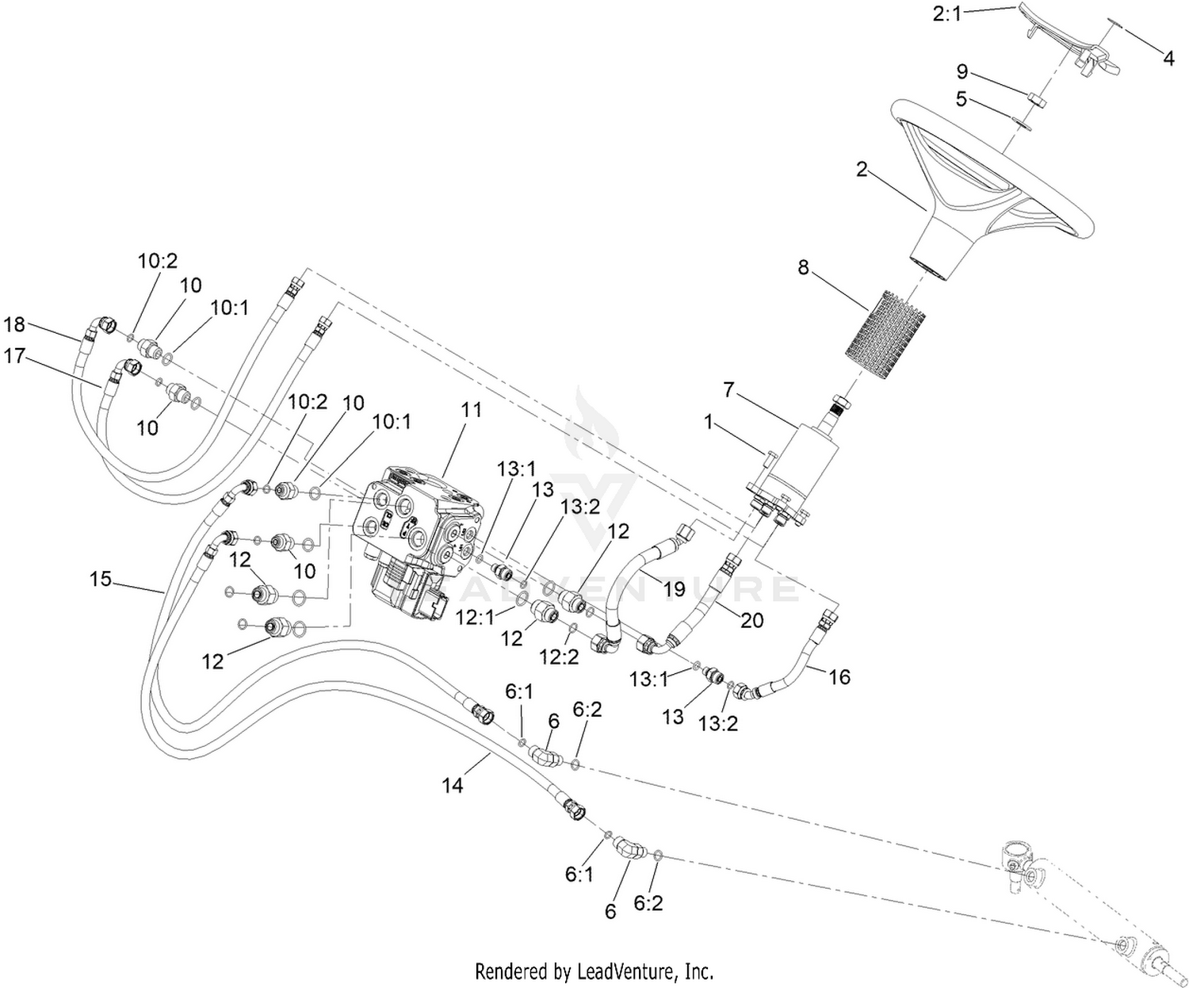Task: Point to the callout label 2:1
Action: coord(946,13)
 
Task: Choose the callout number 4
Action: coord(1168,58)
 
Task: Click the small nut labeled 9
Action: coord(1036,102)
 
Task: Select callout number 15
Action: coord(100,580)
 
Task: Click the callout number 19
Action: coord(675,588)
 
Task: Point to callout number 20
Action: coord(751,620)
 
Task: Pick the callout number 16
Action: coord(839,677)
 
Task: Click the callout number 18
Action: coord(14,324)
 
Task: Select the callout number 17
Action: coord(14,356)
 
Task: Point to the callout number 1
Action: coord(709,422)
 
